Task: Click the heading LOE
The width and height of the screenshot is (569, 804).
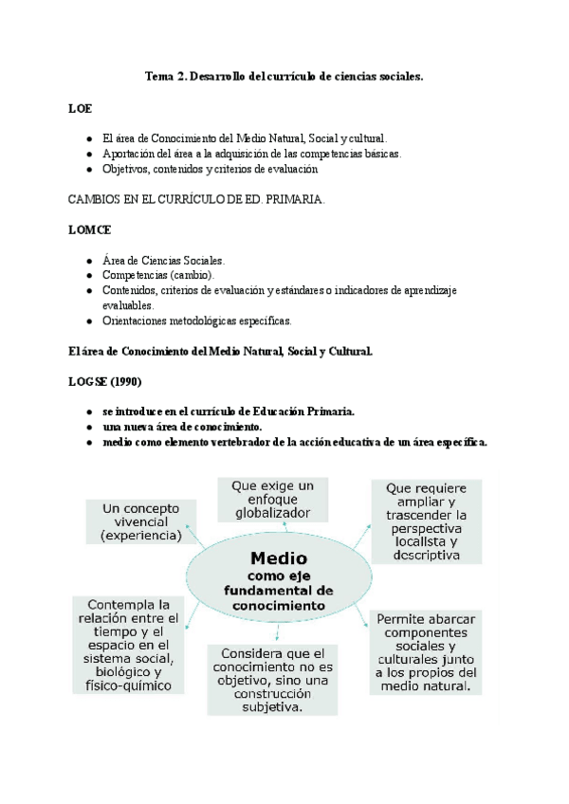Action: coord(80,109)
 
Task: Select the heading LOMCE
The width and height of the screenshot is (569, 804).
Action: coord(88,229)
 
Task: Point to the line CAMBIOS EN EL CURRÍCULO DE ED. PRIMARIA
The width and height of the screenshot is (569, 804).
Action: coord(196,200)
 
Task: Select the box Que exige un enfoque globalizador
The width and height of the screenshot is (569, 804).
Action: coord(272,499)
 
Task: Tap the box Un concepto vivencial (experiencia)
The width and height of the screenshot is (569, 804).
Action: coord(140,522)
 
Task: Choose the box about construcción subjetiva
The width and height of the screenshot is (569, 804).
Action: coord(272,680)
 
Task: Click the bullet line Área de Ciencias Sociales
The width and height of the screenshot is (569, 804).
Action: coord(163,260)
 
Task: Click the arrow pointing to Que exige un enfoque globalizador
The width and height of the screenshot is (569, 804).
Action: coord(273,530)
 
